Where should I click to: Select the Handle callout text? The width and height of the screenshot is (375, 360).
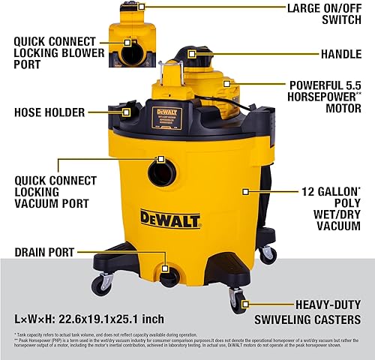[329, 53]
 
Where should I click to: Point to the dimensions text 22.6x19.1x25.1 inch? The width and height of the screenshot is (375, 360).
[100, 317]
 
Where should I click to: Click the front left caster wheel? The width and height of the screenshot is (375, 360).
[101, 284]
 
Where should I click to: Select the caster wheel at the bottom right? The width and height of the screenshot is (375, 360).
[238, 302]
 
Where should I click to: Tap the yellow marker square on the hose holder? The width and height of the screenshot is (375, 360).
[125, 112]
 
